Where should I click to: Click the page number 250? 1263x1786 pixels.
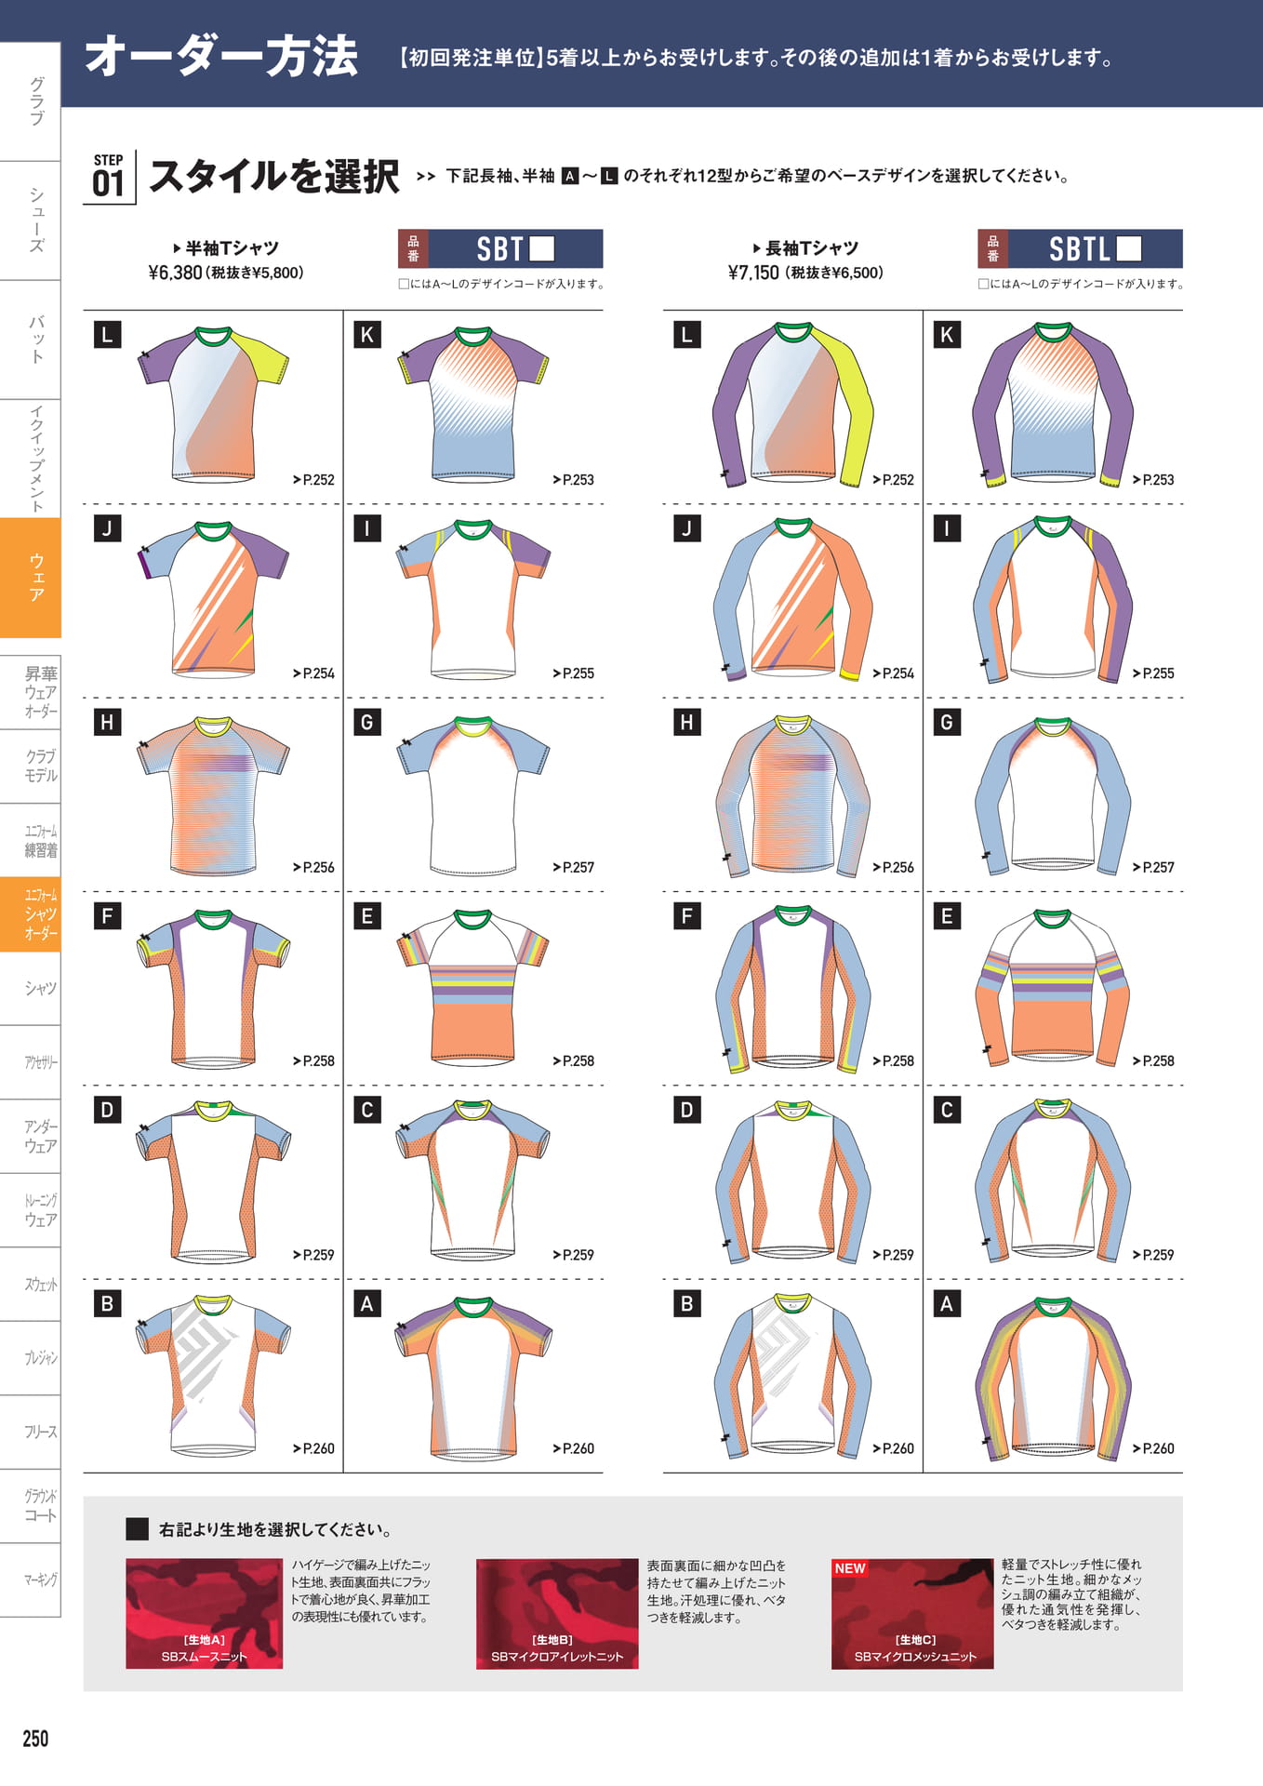point(35,1738)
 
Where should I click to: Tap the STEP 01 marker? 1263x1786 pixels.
point(109,176)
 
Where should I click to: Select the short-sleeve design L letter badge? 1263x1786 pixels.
point(108,335)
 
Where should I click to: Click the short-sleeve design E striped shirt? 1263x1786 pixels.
point(472,987)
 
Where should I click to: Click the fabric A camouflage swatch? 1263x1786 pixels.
point(205,1613)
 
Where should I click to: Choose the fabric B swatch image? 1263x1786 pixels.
point(557,1613)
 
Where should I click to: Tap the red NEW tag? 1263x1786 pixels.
point(850,1568)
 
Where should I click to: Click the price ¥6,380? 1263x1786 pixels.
point(175,273)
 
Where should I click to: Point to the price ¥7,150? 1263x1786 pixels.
point(753,273)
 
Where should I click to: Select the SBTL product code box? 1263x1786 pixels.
point(1080,248)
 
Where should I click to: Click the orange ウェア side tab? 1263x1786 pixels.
point(31,577)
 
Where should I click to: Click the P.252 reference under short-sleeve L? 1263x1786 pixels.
point(313,480)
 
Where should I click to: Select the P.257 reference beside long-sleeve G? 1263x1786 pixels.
point(1153,867)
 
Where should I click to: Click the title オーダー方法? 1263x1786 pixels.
point(221,56)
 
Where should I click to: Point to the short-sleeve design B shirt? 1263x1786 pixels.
point(213,1375)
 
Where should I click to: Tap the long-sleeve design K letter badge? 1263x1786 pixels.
point(947,335)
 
